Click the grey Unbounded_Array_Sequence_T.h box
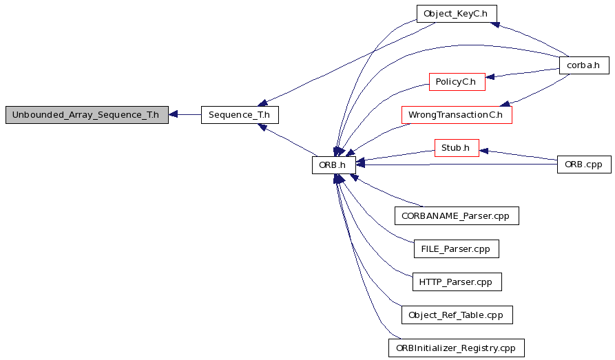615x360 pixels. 87,115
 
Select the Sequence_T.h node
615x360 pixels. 240,115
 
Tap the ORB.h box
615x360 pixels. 334,165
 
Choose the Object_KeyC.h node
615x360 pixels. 457,14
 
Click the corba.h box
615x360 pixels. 584,65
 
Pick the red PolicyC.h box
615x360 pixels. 457,82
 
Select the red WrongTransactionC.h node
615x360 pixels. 457,115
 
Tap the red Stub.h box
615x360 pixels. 457,148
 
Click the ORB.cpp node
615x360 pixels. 584,165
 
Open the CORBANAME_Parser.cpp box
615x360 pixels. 457,216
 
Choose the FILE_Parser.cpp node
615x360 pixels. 457,249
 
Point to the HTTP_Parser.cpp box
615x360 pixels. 457,282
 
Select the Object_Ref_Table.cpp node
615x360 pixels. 457,315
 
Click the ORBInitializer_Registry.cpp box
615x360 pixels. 457,348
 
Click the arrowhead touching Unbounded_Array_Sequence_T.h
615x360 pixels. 173,114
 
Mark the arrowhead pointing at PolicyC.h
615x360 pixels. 490,77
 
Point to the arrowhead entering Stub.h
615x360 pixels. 483,151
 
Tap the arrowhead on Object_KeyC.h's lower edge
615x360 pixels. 495,25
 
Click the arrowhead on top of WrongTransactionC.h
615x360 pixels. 505,103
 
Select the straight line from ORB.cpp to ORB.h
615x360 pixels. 457,165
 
